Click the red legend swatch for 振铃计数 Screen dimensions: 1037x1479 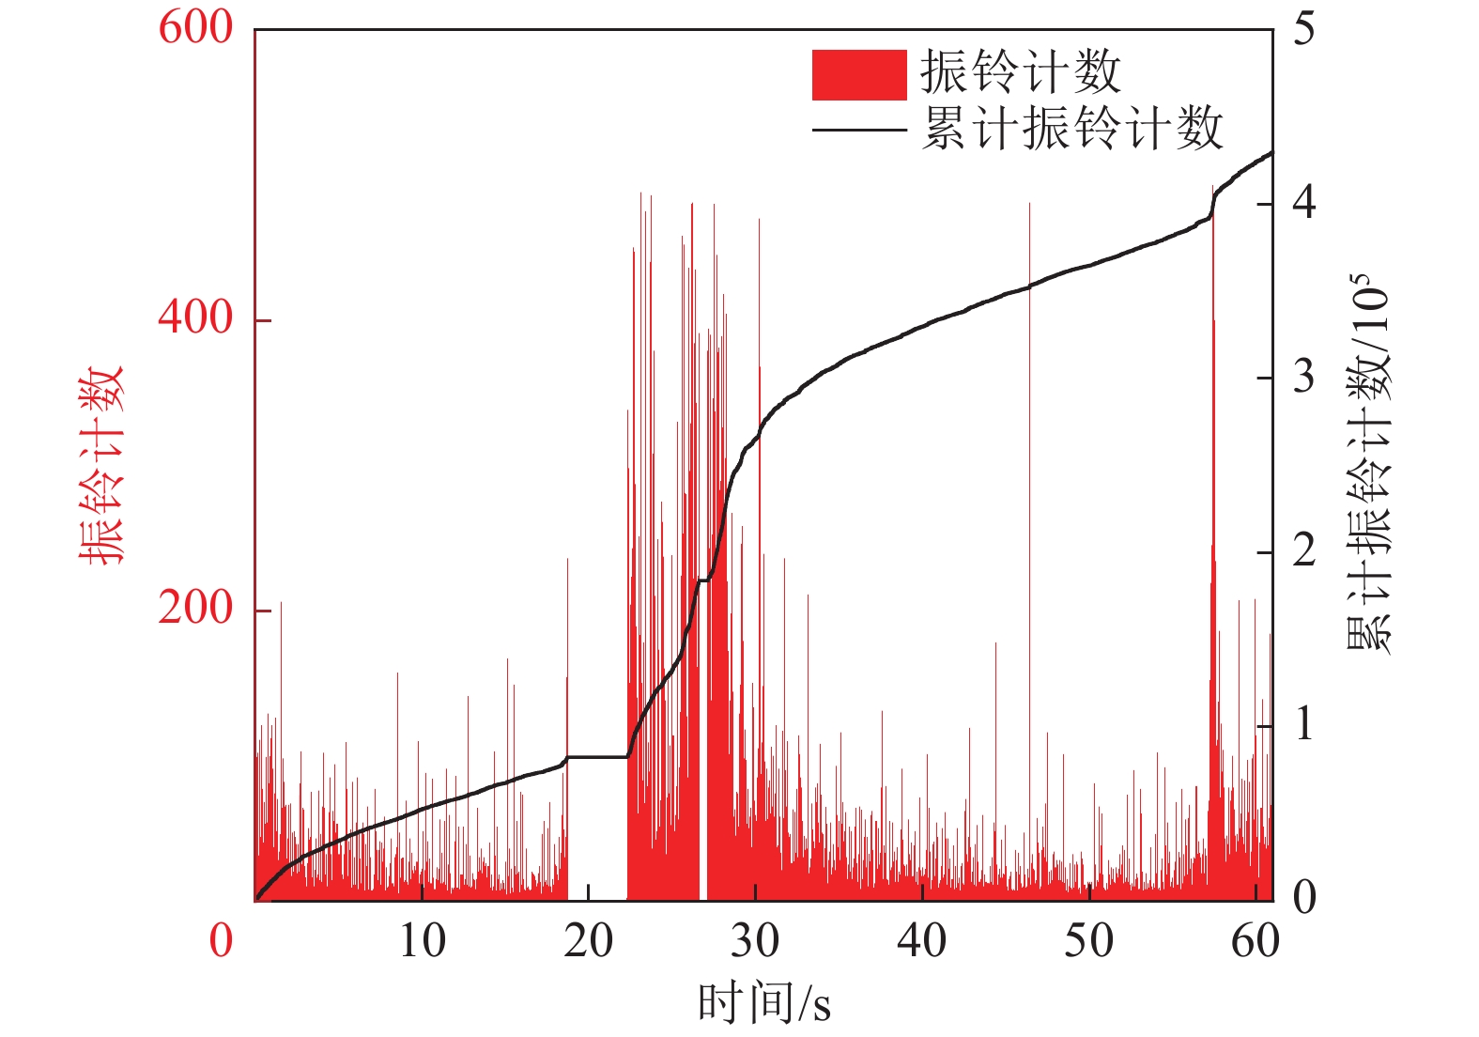(858, 74)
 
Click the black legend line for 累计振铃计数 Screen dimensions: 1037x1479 (858, 130)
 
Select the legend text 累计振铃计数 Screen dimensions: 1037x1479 (1071, 129)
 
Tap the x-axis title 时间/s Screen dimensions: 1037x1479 (763, 1002)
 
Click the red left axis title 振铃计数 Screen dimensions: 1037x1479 (100, 465)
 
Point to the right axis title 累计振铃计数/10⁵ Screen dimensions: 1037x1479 (1369, 465)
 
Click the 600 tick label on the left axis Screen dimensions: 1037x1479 (195, 28)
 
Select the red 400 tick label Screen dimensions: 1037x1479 (195, 318)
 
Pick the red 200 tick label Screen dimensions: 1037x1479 (195, 609)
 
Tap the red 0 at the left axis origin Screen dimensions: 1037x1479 (221, 940)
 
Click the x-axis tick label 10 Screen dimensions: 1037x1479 (422, 940)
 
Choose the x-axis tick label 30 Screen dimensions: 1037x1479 (755, 940)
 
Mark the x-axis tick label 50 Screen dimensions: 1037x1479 (1088, 940)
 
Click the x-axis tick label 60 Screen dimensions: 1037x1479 (1255, 940)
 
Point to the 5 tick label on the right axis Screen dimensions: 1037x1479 (1303, 30)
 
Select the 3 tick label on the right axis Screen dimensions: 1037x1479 (1303, 378)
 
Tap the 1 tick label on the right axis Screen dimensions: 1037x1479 (1303, 725)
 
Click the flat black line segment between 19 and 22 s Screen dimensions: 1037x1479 (597, 757)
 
